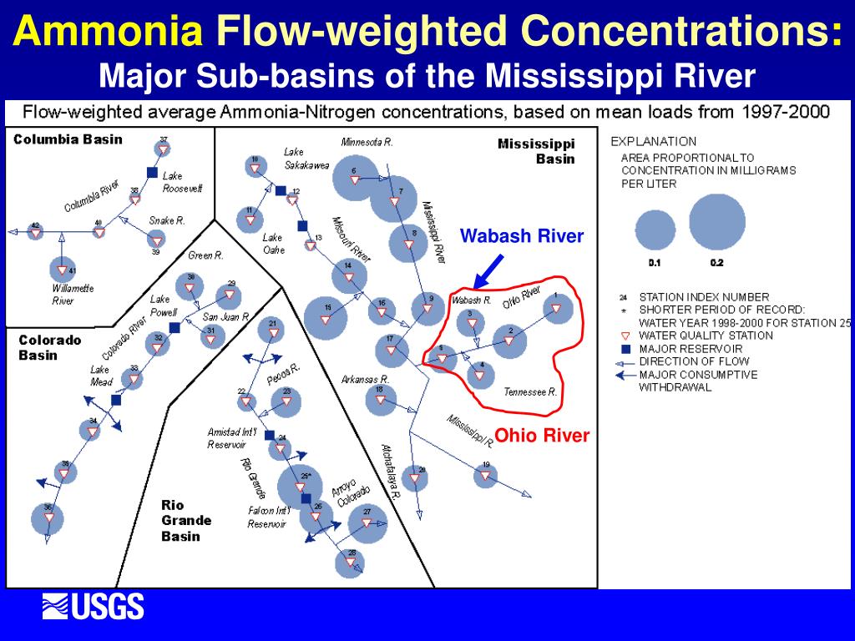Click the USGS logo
click(x=94, y=607)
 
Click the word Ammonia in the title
click(x=111, y=33)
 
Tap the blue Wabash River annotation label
click(x=522, y=236)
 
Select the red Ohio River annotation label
click(x=542, y=436)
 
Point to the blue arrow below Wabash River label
click(x=488, y=270)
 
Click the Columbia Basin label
click(x=68, y=139)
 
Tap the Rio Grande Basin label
click(x=185, y=520)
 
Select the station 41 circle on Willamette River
click(x=61, y=270)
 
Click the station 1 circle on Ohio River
click(x=557, y=308)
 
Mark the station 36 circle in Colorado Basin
click(x=48, y=518)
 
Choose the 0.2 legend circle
click(x=716, y=221)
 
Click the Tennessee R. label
click(x=530, y=391)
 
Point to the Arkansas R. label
click(x=367, y=380)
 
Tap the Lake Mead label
click(x=100, y=375)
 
